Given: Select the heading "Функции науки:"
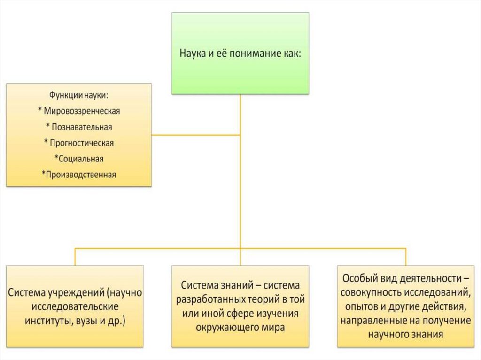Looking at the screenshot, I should pos(79,95).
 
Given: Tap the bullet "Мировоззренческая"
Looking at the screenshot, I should pos(79,111).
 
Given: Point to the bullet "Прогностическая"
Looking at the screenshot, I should pos(79,143).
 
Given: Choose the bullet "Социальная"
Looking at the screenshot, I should pos(79,159).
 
